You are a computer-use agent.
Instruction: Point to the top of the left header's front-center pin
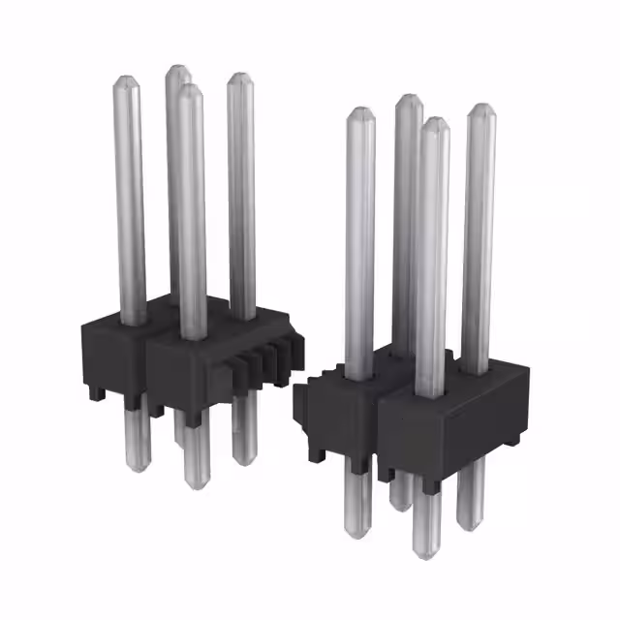pyautogui.click(x=190, y=89)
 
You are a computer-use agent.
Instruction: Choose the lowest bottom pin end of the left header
pyautogui.click(x=196, y=486)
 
